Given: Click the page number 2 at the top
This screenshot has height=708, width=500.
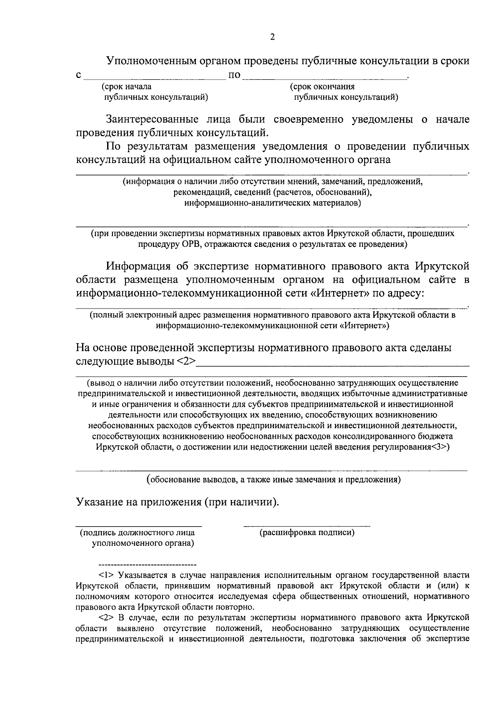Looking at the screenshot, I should pos(272,38).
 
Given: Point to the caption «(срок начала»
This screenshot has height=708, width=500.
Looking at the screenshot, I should pos(127,87).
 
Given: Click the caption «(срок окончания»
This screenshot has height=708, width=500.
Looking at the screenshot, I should pos(322,87).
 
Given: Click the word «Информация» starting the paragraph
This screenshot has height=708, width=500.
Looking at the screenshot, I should pos(138,266).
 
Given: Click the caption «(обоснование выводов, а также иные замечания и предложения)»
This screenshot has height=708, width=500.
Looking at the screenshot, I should pos(273,480).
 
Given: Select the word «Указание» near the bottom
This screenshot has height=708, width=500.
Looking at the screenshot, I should pos(95,502).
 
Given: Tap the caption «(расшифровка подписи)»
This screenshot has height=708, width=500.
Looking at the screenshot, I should pos(307,532).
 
